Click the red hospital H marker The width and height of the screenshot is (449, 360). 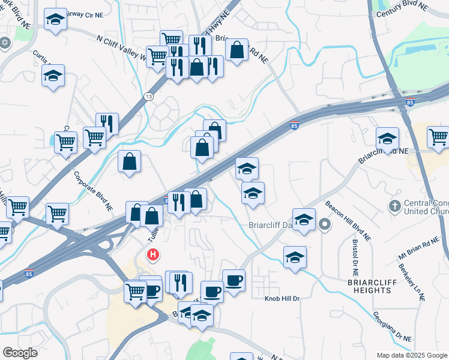pos(154,255)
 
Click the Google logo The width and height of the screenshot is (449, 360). pos(20,352)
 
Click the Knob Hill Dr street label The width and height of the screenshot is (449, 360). pos(282,298)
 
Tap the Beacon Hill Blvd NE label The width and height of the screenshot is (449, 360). pos(348,221)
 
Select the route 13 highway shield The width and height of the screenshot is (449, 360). pos(148,96)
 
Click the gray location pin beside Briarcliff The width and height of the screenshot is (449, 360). pos(325,226)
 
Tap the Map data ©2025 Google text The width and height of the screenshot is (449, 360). pos(411,355)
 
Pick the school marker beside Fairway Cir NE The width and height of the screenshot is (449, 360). pos(55,20)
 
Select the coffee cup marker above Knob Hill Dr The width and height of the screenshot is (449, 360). pos(234,280)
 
